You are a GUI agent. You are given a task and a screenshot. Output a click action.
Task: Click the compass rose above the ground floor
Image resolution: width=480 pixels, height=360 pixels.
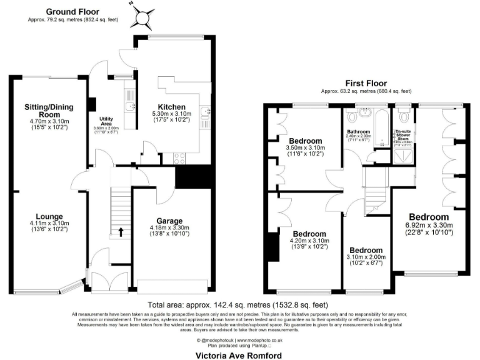coord(143,16)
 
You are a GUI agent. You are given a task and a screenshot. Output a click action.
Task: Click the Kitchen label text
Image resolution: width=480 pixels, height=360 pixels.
coord(170,106)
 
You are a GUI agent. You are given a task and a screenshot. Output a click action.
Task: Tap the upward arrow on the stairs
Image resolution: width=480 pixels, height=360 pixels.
coord(121,233)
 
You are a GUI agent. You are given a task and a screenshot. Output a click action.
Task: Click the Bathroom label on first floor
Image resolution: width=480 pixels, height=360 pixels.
coord(359,132)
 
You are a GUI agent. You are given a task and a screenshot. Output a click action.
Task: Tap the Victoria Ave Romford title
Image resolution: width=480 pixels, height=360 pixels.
coord(239,354)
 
